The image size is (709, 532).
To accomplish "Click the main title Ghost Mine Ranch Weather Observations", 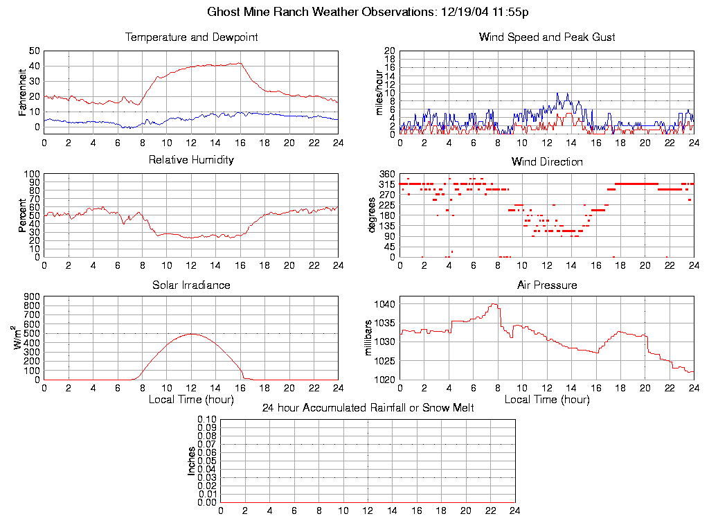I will coord(368,12).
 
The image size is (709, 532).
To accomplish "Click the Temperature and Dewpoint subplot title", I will coord(191,37).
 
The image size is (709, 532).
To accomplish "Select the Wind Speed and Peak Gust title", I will coord(547,37).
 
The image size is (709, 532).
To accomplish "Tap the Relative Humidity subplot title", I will coord(191,160).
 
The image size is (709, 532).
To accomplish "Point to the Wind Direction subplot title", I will coord(547,162).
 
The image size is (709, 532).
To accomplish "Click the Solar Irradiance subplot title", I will coord(191,285).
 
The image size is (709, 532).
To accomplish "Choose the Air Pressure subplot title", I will coord(547,285).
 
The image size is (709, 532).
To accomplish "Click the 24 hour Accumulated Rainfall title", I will coord(368,408).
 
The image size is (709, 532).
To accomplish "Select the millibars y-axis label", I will coord(368,338).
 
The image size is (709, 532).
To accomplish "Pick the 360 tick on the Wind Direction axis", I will coord(387,174).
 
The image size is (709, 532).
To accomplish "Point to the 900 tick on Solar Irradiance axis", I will coord(31,296).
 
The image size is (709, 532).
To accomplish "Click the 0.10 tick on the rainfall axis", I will coord(207,419).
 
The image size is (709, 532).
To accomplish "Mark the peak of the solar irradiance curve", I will coord(191,334).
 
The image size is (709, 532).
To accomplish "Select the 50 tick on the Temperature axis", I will coord(35,51).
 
